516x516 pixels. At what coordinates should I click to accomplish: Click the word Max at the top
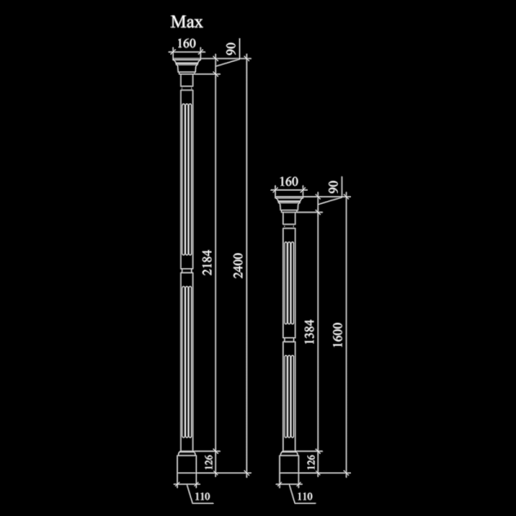pos(187,22)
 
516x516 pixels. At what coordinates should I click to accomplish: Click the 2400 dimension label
pos(238,266)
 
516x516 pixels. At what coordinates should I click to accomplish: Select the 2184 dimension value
pos(207,262)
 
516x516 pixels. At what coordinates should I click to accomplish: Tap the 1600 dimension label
pos(338,335)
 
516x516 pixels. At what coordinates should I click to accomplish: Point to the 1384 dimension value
pos(310,332)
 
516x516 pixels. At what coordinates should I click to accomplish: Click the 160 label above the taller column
pos(187,44)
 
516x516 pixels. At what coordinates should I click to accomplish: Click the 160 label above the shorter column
pos(289,181)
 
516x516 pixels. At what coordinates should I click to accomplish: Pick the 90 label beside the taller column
pos(231,49)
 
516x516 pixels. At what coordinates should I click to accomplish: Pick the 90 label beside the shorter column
pos(334,187)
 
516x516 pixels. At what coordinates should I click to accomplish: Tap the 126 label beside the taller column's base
pos(209,463)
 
